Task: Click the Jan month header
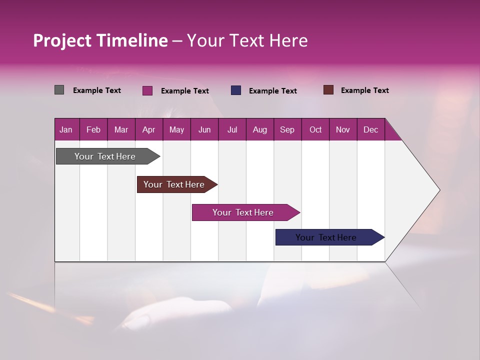[66, 129]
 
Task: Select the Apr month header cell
[148, 129]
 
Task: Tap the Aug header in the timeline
[259, 129]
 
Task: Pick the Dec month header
[370, 129]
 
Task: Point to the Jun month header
[204, 129]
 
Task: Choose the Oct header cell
[315, 129]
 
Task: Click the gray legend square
[59, 90]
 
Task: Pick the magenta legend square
[147, 90]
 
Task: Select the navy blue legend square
[236, 90]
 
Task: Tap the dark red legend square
[328, 90]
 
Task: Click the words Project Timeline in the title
[100, 40]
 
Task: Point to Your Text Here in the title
[247, 40]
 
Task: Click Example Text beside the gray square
[97, 90]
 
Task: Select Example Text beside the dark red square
[364, 90]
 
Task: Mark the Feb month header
[93, 129]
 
